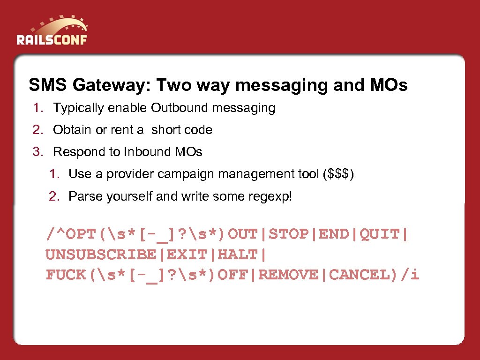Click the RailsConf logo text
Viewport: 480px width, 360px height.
point(52,39)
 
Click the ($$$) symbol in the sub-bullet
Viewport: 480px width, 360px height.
point(338,174)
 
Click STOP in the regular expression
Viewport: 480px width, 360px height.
point(289,233)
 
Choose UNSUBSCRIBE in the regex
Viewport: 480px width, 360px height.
point(101,255)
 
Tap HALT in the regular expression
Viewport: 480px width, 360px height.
point(238,255)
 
